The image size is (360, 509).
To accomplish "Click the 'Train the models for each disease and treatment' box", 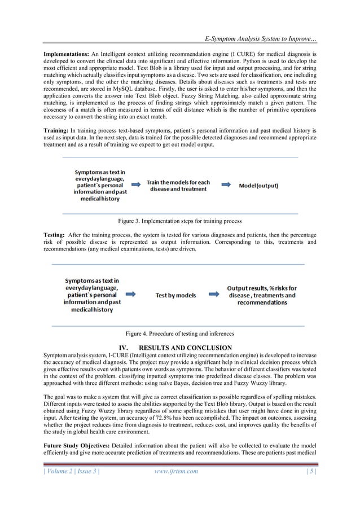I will [x=178, y=185].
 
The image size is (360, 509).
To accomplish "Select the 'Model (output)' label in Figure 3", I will [x=262, y=185].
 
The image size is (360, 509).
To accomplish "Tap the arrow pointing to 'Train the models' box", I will [x=136, y=185].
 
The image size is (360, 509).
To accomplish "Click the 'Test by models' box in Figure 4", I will [x=175, y=295].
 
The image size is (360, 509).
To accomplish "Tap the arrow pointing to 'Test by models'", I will [x=130, y=294].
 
